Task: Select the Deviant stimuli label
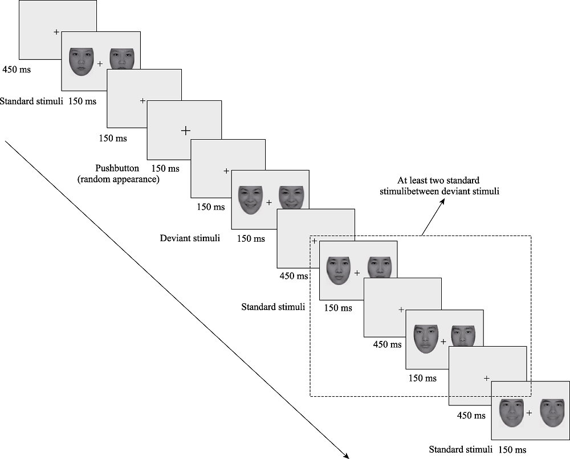pyautogui.click(x=190, y=238)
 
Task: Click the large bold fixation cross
pyautogui.click(x=185, y=131)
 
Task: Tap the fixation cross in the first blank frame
pyautogui.click(x=56, y=32)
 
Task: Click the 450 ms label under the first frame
pyautogui.click(x=17, y=70)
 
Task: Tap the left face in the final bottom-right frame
pyautogui.click(x=511, y=413)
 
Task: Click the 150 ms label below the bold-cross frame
pyautogui.click(x=165, y=169)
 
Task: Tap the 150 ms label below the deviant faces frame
pyautogui.click(x=251, y=238)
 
